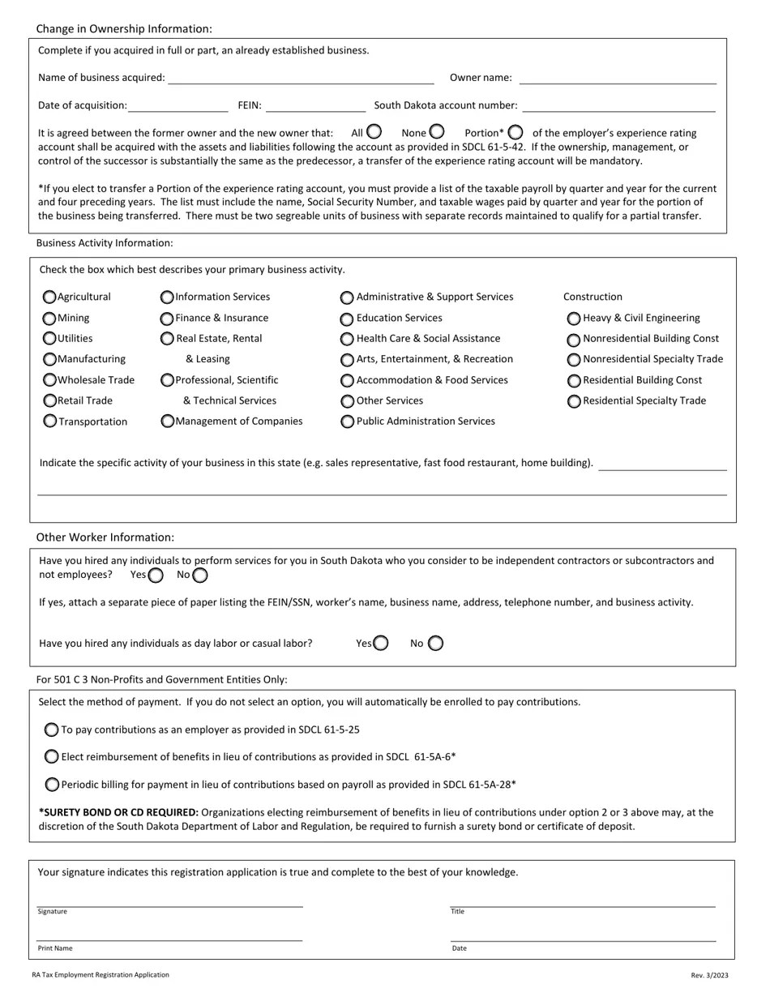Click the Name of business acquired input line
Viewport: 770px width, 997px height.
(x=301, y=79)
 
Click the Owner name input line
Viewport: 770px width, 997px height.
(x=618, y=79)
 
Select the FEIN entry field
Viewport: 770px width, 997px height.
(x=315, y=106)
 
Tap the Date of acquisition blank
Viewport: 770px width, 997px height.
(x=178, y=106)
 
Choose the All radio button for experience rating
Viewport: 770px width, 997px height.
(x=374, y=131)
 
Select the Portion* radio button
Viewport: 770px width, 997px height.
(x=515, y=132)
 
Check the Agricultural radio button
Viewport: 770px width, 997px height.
(x=49, y=297)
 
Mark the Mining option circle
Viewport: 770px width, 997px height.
(x=49, y=319)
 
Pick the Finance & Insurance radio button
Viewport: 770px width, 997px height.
(x=167, y=319)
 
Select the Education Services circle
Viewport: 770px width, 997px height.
(x=347, y=319)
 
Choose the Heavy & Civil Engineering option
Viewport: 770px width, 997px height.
(x=574, y=319)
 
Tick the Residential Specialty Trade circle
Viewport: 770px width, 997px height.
(x=574, y=401)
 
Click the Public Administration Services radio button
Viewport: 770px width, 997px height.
(x=347, y=421)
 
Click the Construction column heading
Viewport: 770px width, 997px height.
(x=592, y=297)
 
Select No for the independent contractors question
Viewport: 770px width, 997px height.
(x=200, y=576)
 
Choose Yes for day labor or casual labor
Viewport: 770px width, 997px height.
(x=381, y=644)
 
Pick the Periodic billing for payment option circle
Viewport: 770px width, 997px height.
(x=52, y=785)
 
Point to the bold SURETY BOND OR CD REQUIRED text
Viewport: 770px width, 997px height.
(x=118, y=812)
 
